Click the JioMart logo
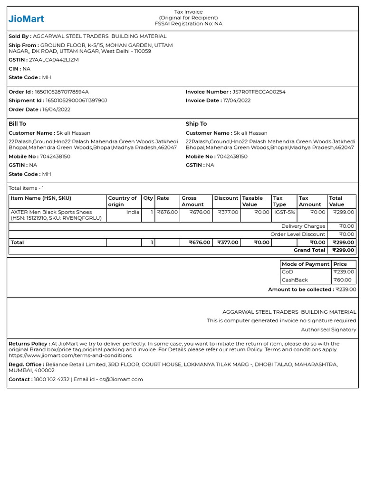tap(26, 19)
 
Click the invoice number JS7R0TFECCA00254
tap(259, 92)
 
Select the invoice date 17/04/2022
tap(237, 101)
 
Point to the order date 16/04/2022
tap(56, 110)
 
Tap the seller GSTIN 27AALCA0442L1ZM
tap(54, 60)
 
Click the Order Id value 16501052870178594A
tap(62, 92)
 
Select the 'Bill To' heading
tap(18, 124)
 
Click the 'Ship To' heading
tap(196, 124)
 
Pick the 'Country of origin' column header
tap(122, 201)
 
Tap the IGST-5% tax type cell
tap(284, 213)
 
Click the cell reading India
tap(133, 213)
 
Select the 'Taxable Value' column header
tap(252, 201)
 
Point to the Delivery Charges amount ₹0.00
tap(346, 226)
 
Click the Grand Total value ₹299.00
tap(343, 250)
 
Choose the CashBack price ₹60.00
tap(344, 280)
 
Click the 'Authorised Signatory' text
tap(328, 329)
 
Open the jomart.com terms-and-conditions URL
tap(70, 355)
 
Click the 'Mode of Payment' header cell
tap(305, 264)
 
